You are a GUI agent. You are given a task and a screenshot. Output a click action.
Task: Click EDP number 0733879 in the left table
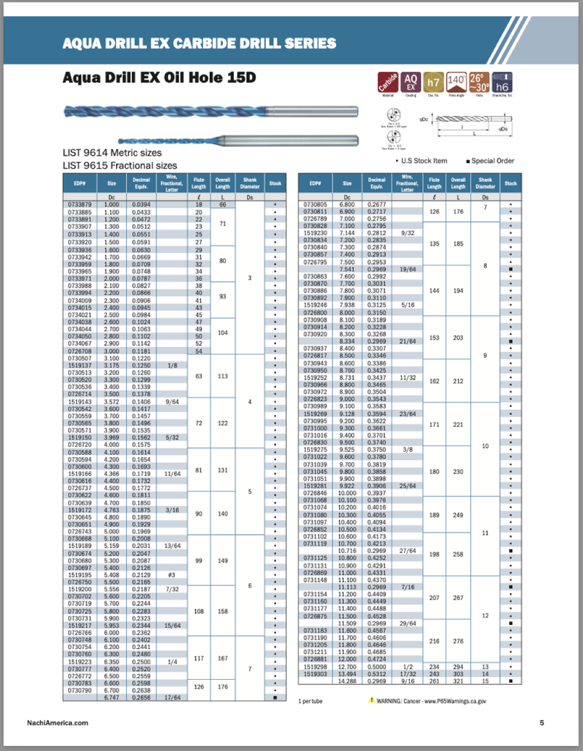pos(79,205)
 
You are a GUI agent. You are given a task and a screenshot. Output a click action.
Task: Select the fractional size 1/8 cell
pos(172,364)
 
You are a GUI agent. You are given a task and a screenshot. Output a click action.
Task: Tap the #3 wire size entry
pos(172,574)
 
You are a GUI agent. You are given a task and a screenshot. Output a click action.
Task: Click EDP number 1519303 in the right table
pos(315,673)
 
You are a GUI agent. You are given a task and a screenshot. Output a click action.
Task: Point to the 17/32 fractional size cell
pos(408,673)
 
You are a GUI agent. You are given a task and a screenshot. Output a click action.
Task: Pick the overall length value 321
pos(458,681)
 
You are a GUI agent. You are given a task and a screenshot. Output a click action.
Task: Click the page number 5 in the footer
pos(542,723)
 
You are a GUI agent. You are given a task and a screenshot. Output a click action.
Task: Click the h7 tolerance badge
pos(434,81)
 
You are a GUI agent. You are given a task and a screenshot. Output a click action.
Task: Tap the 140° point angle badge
pos(457,81)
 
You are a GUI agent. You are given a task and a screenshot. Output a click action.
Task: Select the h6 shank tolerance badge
pos(502,81)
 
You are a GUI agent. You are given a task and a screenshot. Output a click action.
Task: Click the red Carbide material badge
pos(388,81)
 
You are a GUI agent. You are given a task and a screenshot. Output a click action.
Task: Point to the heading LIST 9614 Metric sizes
pos(111,154)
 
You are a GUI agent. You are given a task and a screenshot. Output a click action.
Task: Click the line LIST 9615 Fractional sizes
pos(120,166)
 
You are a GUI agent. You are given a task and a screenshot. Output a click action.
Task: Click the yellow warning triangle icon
pos(372,700)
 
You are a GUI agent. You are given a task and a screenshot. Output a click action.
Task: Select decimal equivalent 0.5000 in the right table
pos(377,667)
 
